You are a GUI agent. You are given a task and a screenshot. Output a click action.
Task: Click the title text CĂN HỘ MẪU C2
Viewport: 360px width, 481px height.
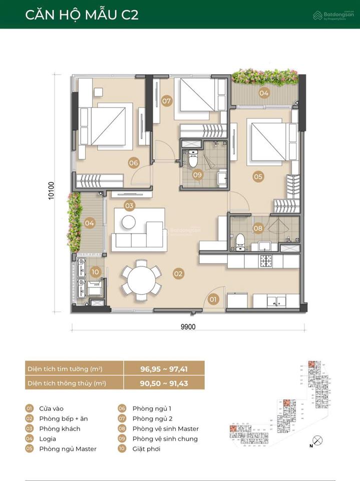[82, 15]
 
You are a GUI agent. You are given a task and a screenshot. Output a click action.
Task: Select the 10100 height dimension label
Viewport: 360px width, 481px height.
[52, 190]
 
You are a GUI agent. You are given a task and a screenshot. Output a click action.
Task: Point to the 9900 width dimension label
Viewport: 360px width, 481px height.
[188, 327]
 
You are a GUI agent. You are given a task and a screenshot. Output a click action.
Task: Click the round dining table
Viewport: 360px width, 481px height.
[142, 281]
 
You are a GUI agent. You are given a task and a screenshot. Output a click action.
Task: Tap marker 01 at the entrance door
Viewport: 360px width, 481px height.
[214, 300]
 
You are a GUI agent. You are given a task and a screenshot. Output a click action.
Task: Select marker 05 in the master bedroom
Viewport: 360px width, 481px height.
[258, 176]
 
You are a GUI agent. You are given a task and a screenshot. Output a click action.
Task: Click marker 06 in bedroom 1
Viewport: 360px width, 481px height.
[133, 162]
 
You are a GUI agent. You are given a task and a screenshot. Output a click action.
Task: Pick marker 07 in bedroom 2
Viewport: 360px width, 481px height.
[167, 101]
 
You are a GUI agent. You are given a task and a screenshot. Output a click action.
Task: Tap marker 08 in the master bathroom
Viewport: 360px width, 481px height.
[258, 228]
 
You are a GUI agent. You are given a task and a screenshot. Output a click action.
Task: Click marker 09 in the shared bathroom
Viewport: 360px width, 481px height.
[197, 175]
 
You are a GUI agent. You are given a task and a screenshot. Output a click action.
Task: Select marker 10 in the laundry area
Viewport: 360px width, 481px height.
[96, 272]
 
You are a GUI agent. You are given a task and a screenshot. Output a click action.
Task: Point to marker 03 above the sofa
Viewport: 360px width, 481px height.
[129, 205]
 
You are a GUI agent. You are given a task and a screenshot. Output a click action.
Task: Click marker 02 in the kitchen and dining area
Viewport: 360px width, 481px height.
[178, 274]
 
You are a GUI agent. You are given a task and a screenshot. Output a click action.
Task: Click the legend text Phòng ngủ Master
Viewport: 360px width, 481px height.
[68, 448]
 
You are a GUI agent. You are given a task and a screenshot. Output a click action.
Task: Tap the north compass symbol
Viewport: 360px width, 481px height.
[317, 440]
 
